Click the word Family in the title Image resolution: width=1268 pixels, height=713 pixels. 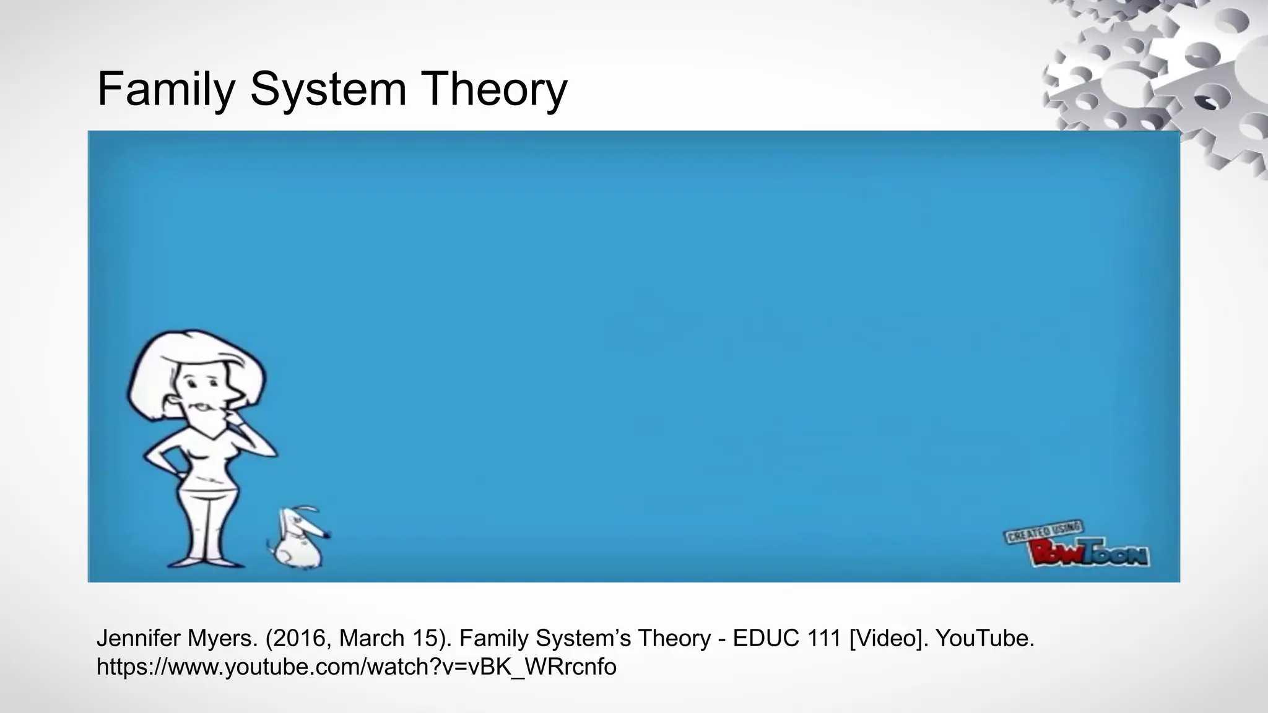(165, 89)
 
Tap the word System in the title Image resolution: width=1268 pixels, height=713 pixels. (328, 89)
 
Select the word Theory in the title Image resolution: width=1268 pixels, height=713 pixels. (493, 89)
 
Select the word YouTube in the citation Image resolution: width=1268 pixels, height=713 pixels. (984, 638)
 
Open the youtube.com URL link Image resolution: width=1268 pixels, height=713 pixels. (356, 667)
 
